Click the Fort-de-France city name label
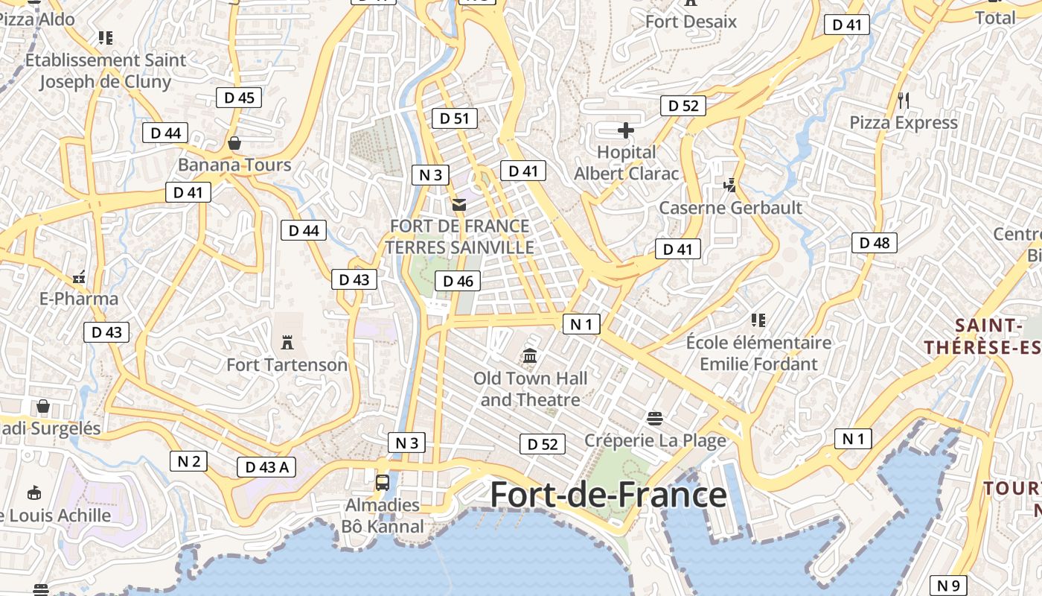(x=608, y=495)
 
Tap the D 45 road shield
(x=239, y=97)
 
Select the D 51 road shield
(x=455, y=118)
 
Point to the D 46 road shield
(x=458, y=281)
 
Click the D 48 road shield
(x=875, y=242)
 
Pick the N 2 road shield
(x=188, y=461)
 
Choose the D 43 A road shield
(x=266, y=467)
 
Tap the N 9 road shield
(x=948, y=586)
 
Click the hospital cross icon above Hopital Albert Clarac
(x=626, y=131)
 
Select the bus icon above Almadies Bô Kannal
(x=382, y=482)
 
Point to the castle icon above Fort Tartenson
(x=287, y=342)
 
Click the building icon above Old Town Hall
(x=530, y=355)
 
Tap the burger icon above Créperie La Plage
(x=655, y=418)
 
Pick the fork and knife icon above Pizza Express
(x=904, y=100)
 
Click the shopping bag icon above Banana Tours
(x=234, y=142)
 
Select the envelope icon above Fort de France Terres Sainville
(x=459, y=204)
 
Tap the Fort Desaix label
(x=691, y=21)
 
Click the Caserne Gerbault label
(x=730, y=207)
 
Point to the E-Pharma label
(x=78, y=299)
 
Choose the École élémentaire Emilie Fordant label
(x=758, y=353)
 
